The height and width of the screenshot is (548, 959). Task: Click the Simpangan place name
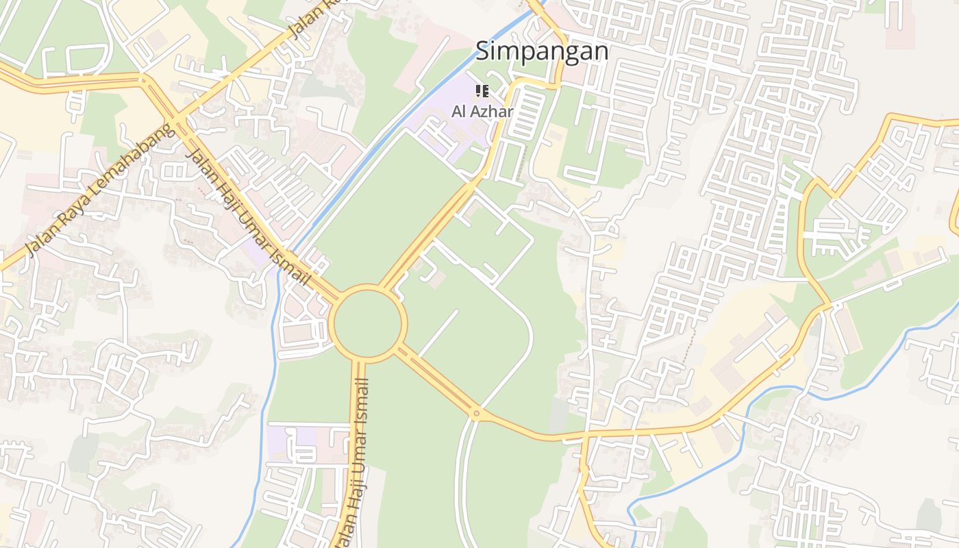(x=542, y=51)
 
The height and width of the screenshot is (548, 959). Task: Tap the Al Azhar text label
(x=482, y=111)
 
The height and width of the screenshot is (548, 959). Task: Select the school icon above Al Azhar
(x=482, y=91)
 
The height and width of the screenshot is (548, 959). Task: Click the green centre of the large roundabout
(x=368, y=322)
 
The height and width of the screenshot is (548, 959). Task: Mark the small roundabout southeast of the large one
(x=476, y=413)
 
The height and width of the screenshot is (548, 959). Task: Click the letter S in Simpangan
(x=483, y=51)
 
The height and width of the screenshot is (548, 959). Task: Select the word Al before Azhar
(x=458, y=111)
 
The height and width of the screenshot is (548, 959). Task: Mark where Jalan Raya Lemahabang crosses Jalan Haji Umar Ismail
(x=180, y=121)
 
